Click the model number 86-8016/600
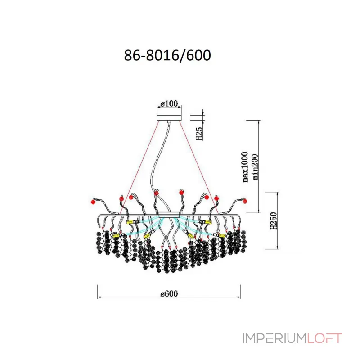(167, 55)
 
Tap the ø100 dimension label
(169, 104)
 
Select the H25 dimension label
(199, 133)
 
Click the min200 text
(255, 167)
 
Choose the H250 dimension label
(274, 220)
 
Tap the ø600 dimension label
(169, 294)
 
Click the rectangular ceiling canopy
(169, 117)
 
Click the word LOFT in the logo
(324, 338)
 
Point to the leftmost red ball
(93, 202)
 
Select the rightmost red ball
(245, 201)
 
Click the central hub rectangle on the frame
(169, 215)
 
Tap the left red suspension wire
(139, 167)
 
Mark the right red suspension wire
(199, 167)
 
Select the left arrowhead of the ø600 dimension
(99, 297)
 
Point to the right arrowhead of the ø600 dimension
(239, 297)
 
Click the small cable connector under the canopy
(169, 122)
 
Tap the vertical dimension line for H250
(278, 220)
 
